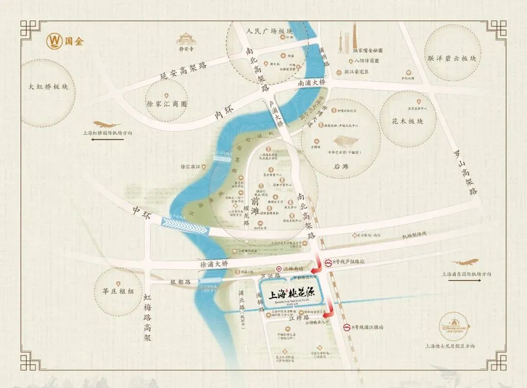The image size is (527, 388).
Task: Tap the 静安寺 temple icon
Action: point(186,39)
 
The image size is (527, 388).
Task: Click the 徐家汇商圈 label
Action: point(167,104)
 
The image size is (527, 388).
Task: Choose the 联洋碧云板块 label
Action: point(451,58)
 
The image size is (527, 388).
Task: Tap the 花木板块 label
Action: point(407,121)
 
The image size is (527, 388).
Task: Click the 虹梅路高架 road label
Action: point(148,317)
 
